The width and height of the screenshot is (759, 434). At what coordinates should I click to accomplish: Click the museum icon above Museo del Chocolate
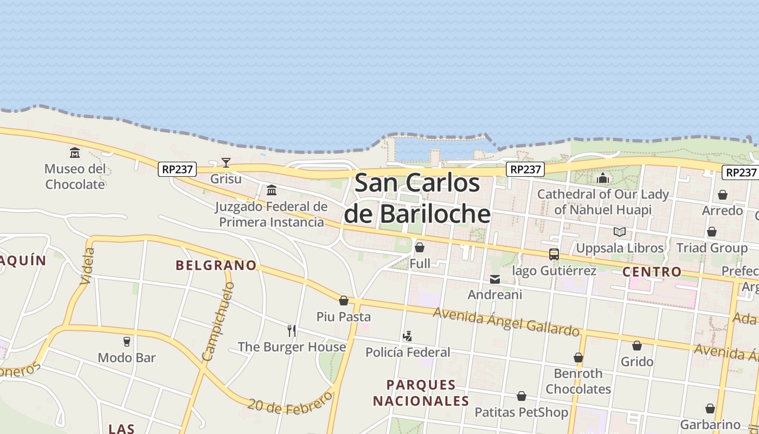click(75, 152)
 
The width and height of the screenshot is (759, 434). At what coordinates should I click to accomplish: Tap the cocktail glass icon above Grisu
click(226, 162)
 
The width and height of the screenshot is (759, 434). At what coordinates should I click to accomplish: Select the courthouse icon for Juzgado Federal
click(272, 190)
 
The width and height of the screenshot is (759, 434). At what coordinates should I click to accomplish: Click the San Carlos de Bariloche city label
click(417, 198)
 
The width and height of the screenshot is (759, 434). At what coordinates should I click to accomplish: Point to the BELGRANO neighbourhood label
click(216, 265)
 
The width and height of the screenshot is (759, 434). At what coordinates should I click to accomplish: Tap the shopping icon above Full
click(420, 247)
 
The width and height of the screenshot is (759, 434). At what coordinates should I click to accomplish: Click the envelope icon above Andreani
click(495, 279)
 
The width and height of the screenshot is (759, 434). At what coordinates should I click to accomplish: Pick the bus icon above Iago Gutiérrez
click(554, 254)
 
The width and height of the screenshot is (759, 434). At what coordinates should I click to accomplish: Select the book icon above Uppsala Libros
click(619, 232)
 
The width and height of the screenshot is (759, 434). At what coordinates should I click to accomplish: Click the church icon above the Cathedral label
click(603, 178)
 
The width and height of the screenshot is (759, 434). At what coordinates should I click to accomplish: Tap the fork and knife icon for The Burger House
click(292, 330)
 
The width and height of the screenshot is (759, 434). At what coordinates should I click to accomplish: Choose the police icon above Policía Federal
click(407, 336)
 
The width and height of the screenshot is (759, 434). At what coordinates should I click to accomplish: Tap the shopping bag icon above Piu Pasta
click(344, 301)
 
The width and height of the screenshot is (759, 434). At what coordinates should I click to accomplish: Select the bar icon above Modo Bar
click(126, 341)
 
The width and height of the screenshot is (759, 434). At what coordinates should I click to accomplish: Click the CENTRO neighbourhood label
click(652, 272)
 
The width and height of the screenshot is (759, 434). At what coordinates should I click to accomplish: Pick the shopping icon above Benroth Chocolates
click(578, 358)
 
